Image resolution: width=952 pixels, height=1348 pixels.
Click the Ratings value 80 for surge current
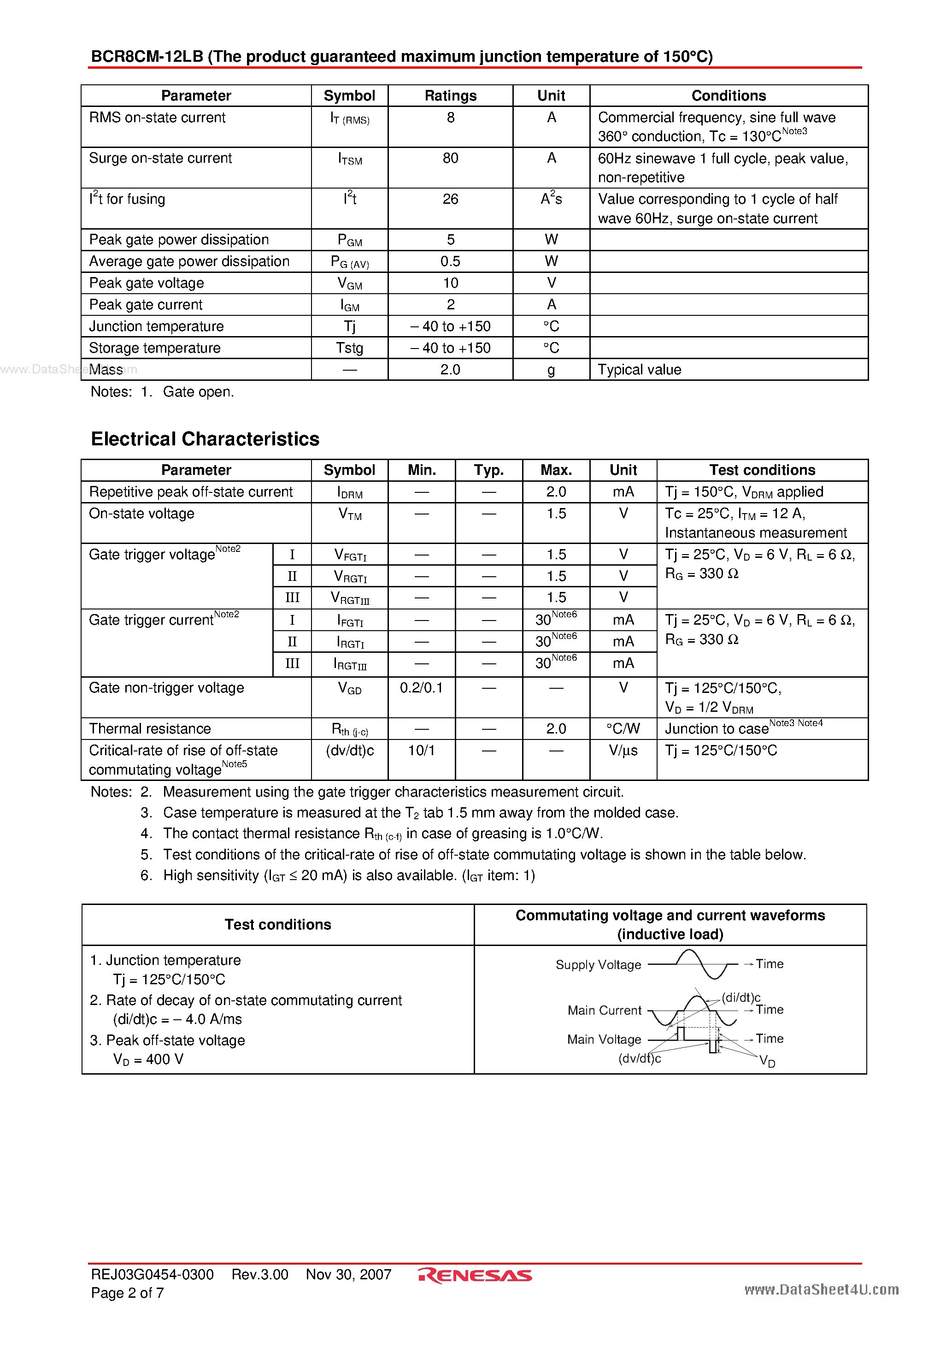coord(450,159)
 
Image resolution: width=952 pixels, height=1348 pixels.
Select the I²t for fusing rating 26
coord(450,200)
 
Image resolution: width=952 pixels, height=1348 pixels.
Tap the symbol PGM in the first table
coord(349,240)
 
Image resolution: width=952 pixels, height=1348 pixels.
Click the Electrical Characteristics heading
coord(205,439)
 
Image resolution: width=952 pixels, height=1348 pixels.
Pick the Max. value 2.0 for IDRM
coord(556,492)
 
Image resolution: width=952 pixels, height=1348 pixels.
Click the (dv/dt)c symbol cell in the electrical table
coord(349,751)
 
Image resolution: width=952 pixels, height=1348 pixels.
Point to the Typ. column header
coord(488,470)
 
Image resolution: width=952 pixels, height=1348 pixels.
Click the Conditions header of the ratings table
coord(729,96)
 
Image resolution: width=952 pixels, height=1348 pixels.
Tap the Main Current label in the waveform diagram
coord(604,1011)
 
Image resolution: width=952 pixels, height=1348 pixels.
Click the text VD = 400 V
coord(148,1060)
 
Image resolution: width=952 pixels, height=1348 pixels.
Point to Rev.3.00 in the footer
coord(259,1275)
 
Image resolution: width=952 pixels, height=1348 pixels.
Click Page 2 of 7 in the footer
coord(127,1293)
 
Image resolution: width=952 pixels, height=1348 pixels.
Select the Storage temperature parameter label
coord(154,348)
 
